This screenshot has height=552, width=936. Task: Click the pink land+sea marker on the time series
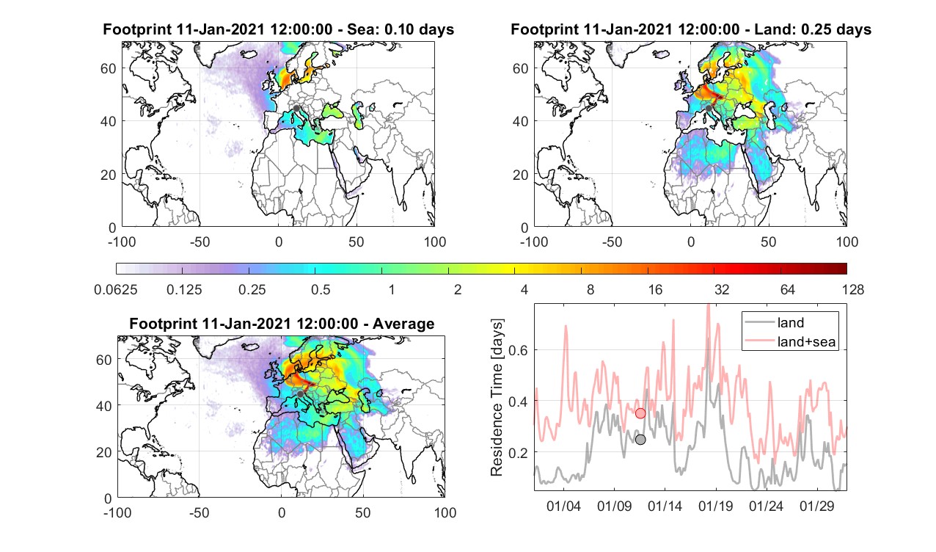(640, 413)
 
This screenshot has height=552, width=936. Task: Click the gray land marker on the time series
(640, 440)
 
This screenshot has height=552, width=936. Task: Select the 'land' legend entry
(791, 322)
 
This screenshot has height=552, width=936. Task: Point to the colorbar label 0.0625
(116, 289)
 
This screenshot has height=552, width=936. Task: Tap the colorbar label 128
(853, 289)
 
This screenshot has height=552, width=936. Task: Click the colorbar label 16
(655, 289)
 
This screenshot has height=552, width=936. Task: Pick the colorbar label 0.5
(321, 289)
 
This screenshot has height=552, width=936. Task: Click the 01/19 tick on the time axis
(716, 506)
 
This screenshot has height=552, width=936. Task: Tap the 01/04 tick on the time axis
(563, 506)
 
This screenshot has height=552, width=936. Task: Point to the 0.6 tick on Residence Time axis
(518, 350)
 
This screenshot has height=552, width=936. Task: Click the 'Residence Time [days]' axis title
(497, 398)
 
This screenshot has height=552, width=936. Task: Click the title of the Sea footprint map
(278, 29)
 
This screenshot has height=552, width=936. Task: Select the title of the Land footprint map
(691, 29)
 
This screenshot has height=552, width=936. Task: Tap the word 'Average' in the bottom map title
(403, 324)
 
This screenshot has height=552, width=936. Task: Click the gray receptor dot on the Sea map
(296, 108)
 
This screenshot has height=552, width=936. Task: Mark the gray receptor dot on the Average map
(300, 394)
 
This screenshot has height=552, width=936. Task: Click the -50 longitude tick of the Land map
(613, 241)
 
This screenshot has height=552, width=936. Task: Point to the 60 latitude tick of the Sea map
(109, 68)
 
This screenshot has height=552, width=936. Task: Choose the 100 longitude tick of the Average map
(445, 512)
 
